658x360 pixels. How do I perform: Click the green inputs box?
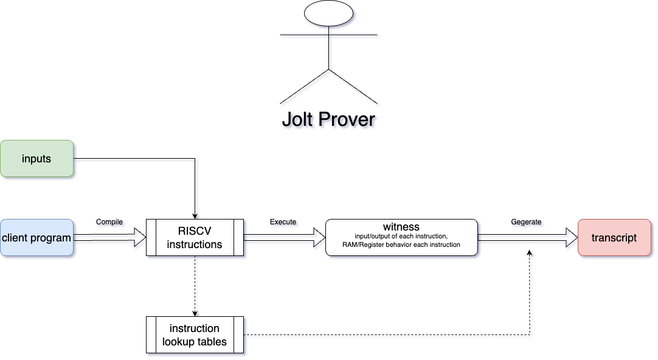pos(36,159)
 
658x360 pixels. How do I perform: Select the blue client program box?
pos(36,238)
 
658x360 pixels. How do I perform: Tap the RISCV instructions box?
pos(195,238)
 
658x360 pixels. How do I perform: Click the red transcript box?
pos(614,238)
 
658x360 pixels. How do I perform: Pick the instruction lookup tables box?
pos(195,334)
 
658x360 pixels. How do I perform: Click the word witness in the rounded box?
pos(401,227)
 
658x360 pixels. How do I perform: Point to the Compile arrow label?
pos(109,222)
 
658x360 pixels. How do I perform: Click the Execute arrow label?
pos(283,222)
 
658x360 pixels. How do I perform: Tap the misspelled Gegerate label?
pos(527,222)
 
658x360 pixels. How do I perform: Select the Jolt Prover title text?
pos(328,119)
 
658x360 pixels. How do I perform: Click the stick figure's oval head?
pos(328,14)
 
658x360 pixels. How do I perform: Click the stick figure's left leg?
pos(304,86)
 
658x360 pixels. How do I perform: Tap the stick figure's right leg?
pos(353,86)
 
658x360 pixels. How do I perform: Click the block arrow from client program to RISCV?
pos(109,238)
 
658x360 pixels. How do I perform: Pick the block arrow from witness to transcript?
pos(527,238)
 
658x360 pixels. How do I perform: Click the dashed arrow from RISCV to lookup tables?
pos(195,286)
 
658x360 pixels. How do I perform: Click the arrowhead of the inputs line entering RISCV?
pos(195,215)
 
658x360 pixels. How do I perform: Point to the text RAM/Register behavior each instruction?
pos(401,245)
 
